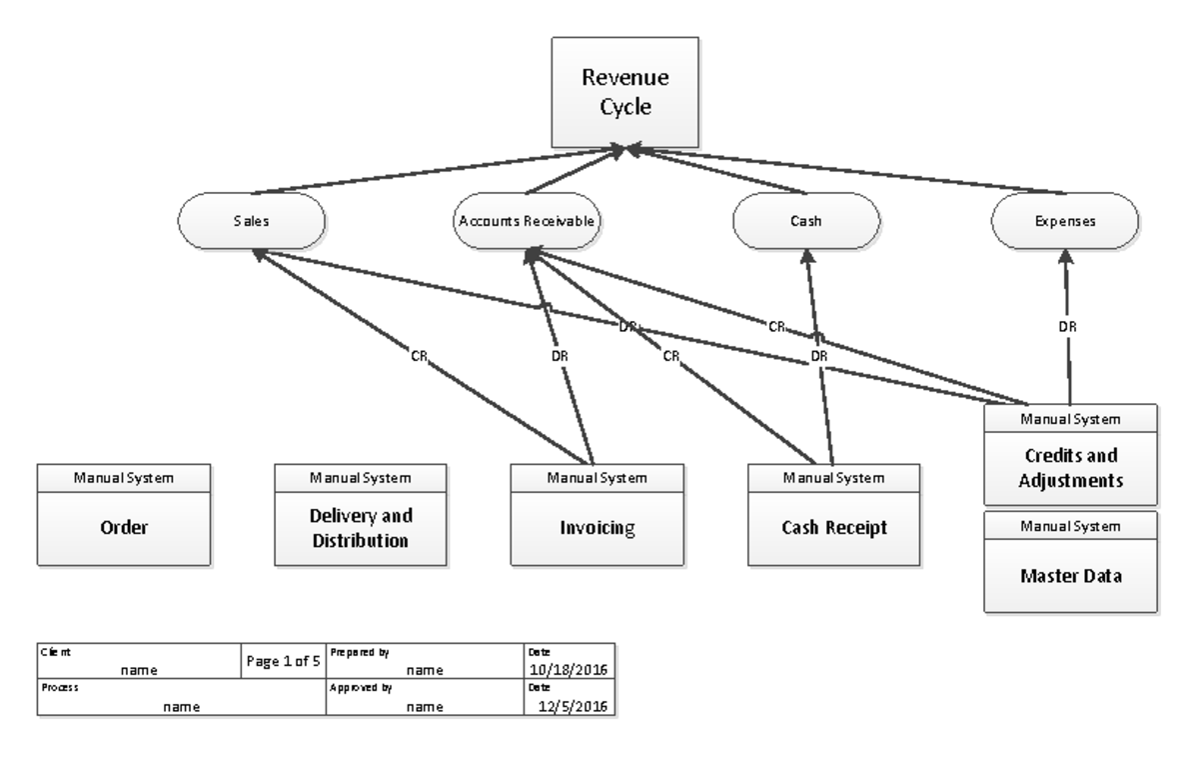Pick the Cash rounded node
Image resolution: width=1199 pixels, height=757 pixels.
[x=806, y=221]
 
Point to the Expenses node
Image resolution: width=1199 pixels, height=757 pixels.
[x=1064, y=221]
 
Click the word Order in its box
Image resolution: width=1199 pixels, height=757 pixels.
[x=124, y=528]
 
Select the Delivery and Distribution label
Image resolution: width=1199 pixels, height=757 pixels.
[x=361, y=528]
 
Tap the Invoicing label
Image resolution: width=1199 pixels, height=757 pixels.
[x=598, y=528]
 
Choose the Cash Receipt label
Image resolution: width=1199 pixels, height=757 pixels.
[x=835, y=528]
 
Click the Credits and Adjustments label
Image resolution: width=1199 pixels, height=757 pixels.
[x=1071, y=468]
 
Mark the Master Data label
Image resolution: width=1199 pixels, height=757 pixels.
[x=1071, y=576]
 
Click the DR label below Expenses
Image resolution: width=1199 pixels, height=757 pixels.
[x=1067, y=326]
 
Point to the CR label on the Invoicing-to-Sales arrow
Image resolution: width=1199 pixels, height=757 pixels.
[x=420, y=354]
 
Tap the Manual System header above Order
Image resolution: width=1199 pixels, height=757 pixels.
[x=124, y=477]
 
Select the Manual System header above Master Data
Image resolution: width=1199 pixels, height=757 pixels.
[x=1071, y=525]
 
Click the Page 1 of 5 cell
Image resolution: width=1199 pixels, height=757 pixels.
[x=284, y=661]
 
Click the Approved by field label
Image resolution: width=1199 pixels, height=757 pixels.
[x=351, y=689]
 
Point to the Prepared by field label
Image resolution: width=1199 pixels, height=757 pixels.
[x=351, y=652]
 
